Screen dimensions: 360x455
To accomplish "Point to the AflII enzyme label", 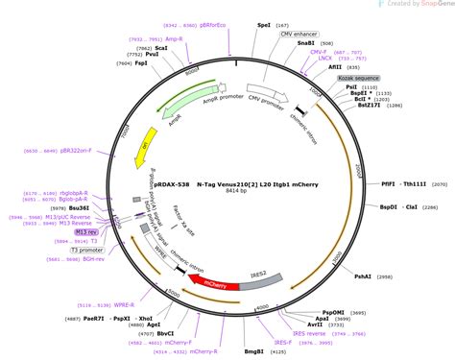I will click(x=335, y=67).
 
